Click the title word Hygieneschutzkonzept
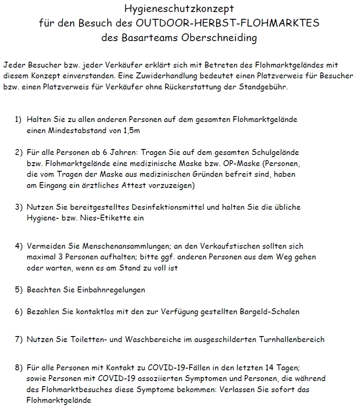(x=179, y=8)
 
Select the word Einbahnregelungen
(x=111, y=290)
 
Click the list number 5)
(x=18, y=290)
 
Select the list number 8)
(x=18, y=368)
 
